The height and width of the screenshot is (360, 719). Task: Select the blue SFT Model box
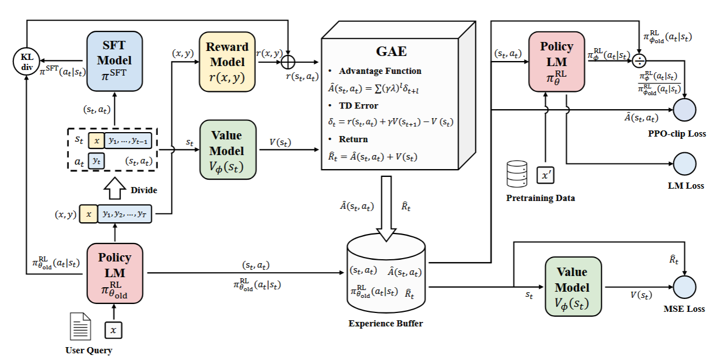pos(114,60)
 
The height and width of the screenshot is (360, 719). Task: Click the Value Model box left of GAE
pos(228,149)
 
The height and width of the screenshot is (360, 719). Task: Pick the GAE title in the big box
pos(391,52)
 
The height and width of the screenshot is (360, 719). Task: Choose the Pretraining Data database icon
pos(517,175)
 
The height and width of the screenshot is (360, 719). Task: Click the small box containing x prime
pos(545,175)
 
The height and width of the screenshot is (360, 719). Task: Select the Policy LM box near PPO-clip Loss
pos(556,61)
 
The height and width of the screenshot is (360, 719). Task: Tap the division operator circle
pos(639,60)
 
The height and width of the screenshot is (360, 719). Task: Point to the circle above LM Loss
pos(684,164)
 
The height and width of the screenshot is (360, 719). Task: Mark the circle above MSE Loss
pos(684,287)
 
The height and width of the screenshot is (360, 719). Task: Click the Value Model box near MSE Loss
pos(572,287)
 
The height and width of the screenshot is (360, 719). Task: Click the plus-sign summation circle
pos(287,60)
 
